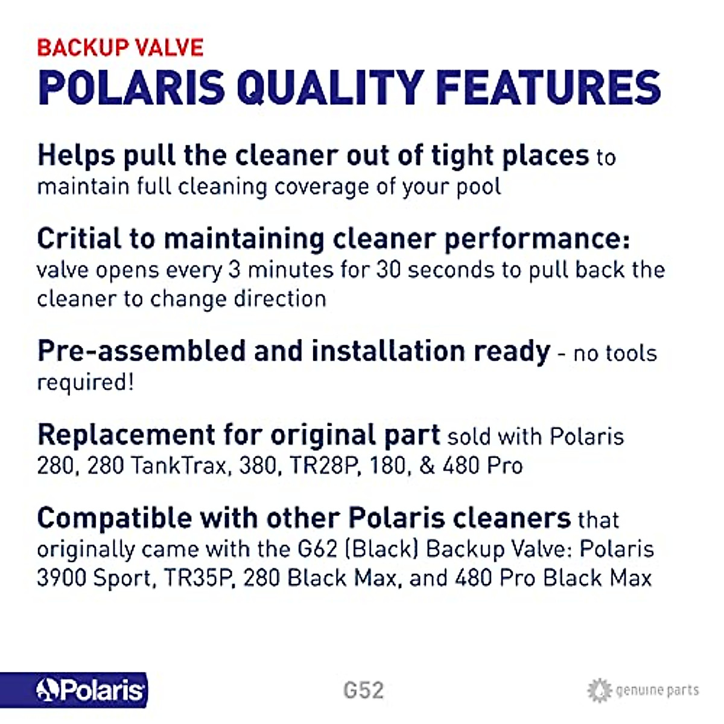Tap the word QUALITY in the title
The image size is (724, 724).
pyautogui.click(x=329, y=88)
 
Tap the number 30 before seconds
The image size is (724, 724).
pyautogui.click(x=389, y=269)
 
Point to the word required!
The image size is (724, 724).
pyautogui.click(x=85, y=383)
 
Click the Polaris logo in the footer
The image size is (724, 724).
pyautogui.click(x=91, y=690)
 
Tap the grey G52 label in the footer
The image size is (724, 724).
pyautogui.click(x=363, y=690)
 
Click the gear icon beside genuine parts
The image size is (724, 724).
pyautogui.click(x=599, y=690)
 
